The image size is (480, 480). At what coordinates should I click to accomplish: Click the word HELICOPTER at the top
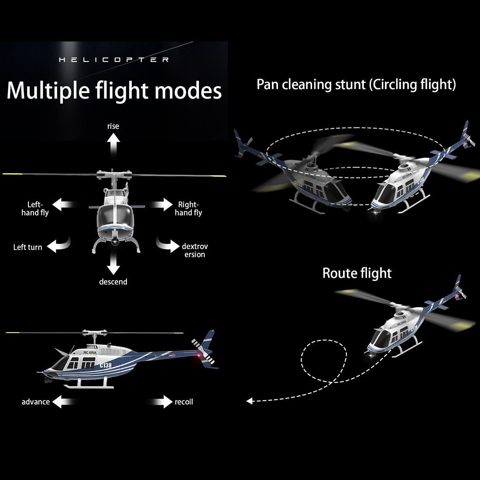tap(113, 60)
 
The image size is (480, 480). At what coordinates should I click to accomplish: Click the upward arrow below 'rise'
tap(113, 146)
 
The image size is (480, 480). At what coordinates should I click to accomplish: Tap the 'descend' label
tap(113, 281)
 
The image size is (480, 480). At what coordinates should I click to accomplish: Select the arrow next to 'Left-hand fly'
tap(65, 205)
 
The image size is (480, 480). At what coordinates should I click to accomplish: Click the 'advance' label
tap(35, 401)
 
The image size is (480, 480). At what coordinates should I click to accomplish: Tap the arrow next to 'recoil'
tap(160, 401)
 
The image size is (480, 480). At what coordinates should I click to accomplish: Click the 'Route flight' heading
tap(357, 273)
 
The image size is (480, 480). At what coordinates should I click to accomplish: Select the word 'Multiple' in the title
tap(48, 91)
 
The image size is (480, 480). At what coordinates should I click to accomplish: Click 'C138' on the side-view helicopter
tap(106, 365)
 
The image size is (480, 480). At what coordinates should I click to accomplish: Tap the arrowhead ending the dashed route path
tap(250, 401)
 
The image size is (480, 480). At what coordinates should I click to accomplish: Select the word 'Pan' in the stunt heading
tap(267, 85)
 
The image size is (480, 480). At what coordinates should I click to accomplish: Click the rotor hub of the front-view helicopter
tap(114, 175)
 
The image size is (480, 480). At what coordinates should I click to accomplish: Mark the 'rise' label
tap(113, 126)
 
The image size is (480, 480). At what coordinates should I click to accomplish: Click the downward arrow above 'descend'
tap(113, 262)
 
